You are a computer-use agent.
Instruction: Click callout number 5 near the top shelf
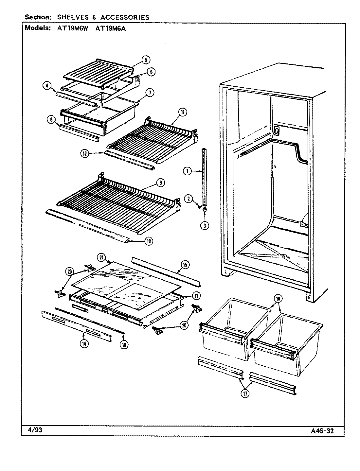146,60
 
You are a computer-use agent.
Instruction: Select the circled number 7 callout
150,93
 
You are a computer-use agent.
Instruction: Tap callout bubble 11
182,112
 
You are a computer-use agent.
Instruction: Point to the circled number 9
161,183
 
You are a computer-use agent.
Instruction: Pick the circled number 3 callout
205,225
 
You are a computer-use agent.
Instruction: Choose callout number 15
185,265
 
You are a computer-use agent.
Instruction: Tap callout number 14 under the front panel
84,343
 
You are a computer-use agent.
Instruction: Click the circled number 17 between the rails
245,394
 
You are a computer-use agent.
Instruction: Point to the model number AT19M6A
111,28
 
